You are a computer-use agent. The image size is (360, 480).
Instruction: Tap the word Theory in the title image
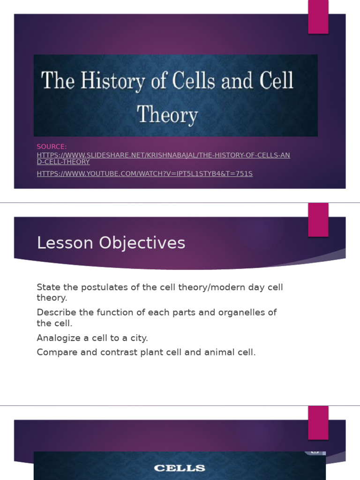167,114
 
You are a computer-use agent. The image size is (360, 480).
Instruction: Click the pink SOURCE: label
52,147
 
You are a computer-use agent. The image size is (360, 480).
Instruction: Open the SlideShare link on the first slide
163,155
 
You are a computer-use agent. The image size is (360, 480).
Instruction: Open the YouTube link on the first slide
144,174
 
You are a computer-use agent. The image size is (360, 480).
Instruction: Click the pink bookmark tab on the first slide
318,17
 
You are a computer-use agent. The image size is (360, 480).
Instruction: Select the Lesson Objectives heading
111,243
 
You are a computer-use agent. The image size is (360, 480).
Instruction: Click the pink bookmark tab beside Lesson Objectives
318,220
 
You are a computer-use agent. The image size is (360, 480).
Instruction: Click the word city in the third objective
139,338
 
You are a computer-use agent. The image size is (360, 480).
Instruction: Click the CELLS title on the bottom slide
180,468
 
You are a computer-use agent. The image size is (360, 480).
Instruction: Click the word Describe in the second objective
55,312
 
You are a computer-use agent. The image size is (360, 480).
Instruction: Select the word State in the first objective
46,287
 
